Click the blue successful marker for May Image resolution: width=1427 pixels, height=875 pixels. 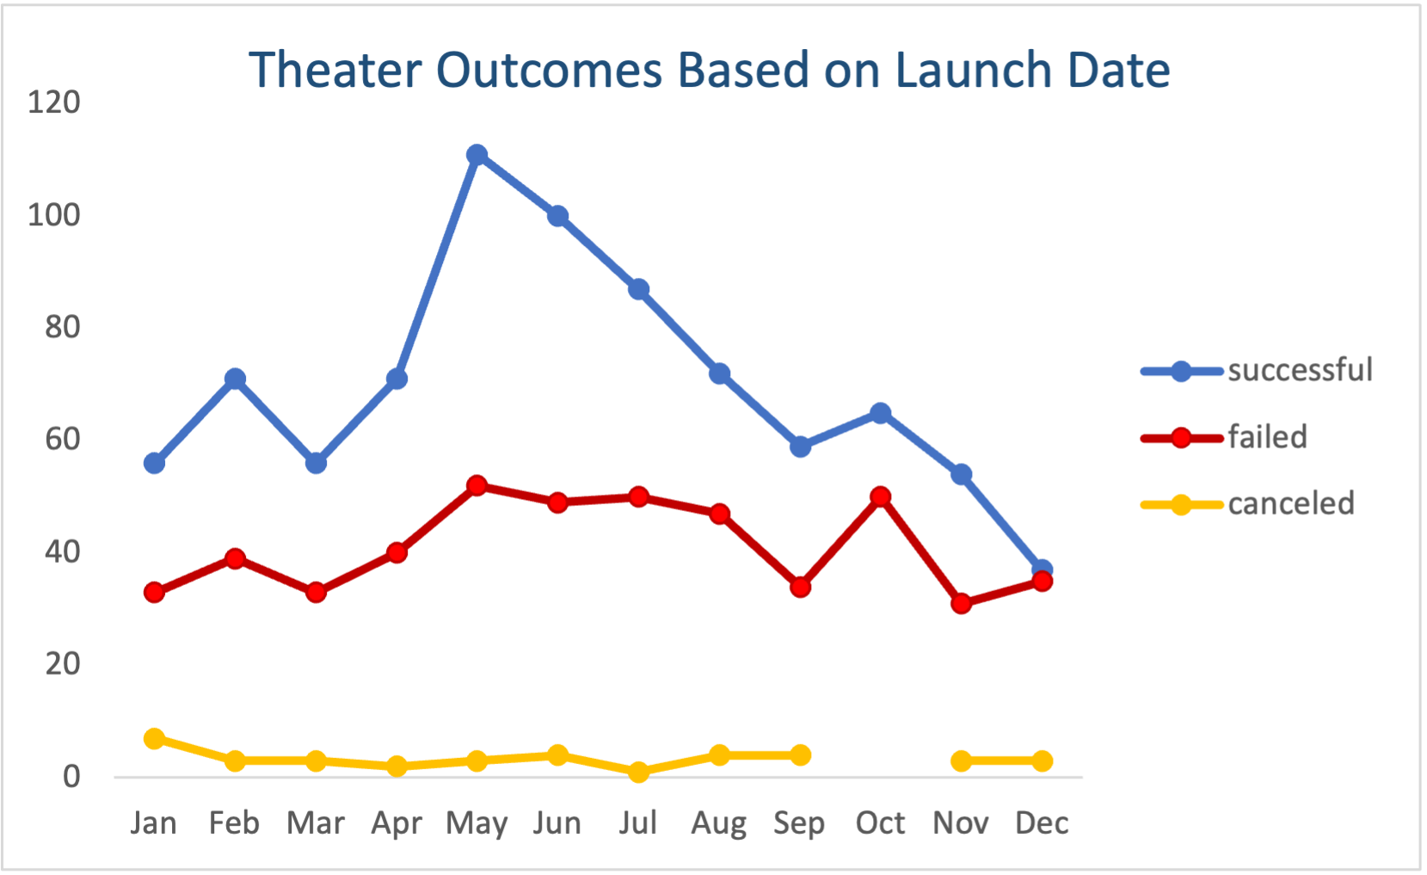(477, 155)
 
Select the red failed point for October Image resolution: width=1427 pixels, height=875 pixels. (880, 497)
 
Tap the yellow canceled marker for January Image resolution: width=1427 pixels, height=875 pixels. (155, 738)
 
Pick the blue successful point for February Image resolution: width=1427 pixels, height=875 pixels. (235, 379)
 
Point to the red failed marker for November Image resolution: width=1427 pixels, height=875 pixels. (961, 604)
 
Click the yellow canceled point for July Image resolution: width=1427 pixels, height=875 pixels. (638, 772)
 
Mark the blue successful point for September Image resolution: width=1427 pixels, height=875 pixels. (800, 447)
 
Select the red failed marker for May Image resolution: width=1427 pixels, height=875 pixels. (477, 486)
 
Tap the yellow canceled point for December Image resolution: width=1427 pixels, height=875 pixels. (1042, 761)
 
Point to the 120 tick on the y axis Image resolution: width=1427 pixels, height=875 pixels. (53, 102)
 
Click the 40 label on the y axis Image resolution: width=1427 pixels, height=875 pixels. (62, 551)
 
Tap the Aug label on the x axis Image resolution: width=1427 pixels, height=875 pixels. (719, 823)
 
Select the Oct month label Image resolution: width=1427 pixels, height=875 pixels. (880, 823)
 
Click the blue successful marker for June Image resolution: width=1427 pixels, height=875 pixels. (557, 216)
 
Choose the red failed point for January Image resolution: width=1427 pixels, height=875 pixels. (155, 592)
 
